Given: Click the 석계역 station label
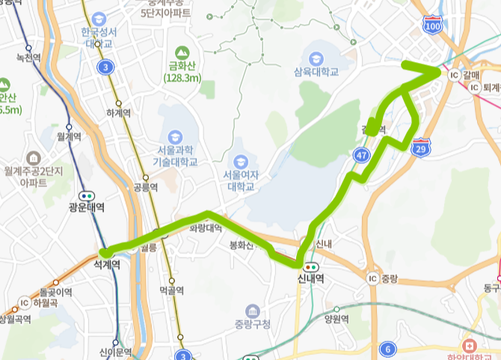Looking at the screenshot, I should point(107,264).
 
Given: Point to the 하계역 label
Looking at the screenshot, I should point(118,113).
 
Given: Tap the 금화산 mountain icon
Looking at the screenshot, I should point(179,52).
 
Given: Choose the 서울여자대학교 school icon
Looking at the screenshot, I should point(240,161).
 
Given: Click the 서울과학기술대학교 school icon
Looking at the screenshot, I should point(175,138).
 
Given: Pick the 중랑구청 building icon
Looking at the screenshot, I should point(252,311).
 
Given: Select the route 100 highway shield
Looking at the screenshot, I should point(431,24).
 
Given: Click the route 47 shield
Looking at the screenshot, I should point(362,155).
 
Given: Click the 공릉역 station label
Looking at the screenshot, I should point(141,186).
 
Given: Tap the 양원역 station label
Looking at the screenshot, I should point(336,318).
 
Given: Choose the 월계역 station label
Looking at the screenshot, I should point(68,137).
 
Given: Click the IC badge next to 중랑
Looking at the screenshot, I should point(372,278).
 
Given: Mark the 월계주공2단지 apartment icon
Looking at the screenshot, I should point(33,158).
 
